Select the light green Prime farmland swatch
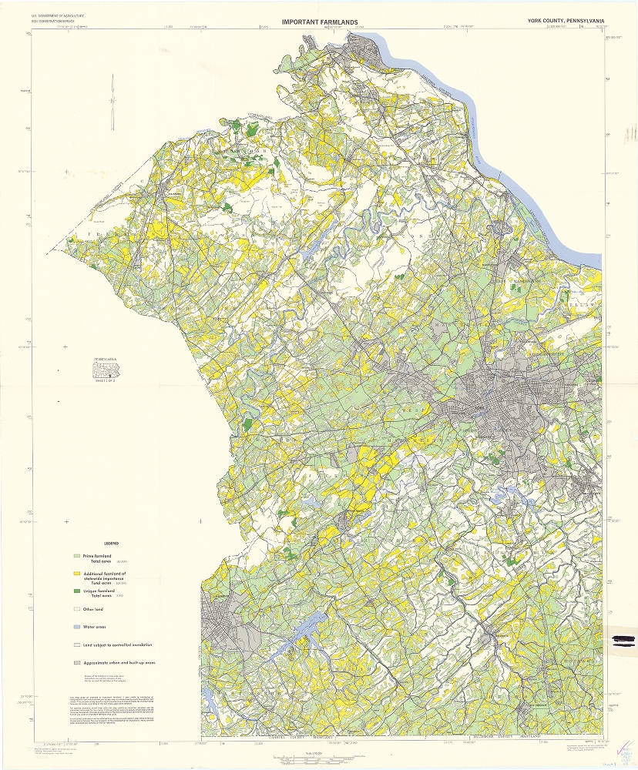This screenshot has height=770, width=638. tap(76, 555)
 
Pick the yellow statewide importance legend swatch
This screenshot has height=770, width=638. tap(76, 573)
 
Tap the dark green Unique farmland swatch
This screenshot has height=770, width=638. tap(76, 591)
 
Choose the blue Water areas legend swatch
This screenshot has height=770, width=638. tap(76, 626)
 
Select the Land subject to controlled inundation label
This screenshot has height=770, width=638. tap(118, 644)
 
